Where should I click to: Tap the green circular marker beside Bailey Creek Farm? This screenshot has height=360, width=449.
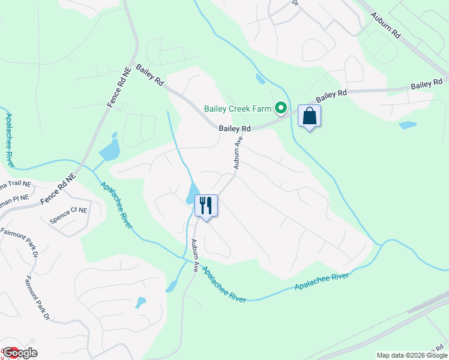[280, 109]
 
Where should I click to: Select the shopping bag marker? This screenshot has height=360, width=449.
[309, 116]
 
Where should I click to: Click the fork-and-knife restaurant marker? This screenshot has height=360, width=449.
[206, 205]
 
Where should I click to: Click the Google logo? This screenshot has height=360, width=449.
[19, 353]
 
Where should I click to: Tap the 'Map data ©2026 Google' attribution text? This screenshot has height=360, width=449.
[412, 355]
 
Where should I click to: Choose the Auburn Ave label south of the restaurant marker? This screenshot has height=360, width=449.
[195, 256]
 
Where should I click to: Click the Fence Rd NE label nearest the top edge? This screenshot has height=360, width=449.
[119, 88]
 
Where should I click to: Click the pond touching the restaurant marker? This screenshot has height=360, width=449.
[193, 193]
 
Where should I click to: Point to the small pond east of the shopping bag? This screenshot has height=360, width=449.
[408, 125]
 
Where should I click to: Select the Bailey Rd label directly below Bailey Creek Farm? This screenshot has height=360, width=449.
[234, 128]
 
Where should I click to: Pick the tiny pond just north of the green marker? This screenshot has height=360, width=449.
[260, 79]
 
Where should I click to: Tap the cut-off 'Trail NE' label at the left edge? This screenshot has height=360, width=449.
[14, 184]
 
